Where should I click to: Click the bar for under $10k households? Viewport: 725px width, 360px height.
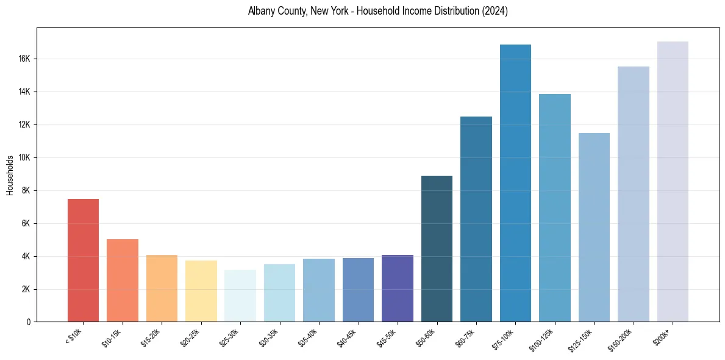(x=83, y=261)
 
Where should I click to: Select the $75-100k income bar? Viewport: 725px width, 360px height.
(x=515, y=183)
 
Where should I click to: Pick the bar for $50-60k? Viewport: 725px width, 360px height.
(x=437, y=249)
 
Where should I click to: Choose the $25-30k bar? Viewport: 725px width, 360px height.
(x=240, y=296)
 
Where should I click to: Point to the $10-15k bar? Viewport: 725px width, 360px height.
(x=123, y=281)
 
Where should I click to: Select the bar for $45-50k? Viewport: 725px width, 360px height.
(x=398, y=289)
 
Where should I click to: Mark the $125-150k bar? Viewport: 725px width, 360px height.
(x=594, y=228)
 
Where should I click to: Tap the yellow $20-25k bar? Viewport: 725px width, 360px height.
(x=201, y=291)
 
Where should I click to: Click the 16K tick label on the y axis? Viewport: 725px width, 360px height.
(x=24, y=59)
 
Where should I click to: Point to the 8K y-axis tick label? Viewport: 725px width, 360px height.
(x=26, y=190)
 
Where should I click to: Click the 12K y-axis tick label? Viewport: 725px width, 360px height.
(x=24, y=124)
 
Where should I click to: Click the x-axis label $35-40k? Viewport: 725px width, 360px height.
(x=307, y=337)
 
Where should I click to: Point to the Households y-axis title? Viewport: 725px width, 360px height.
(x=10, y=175)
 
